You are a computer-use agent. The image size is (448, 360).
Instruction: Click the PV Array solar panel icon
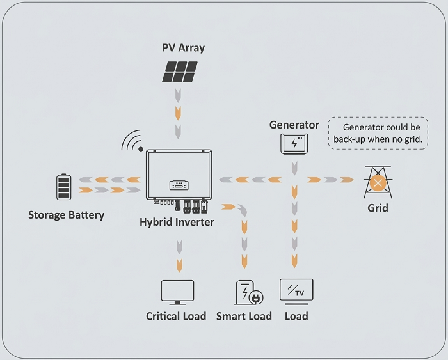pyautogui.click(x=179, y=72)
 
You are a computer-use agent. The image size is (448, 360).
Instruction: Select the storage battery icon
pyautogui.click(x=63, y=186)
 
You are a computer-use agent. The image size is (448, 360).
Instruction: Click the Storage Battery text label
pyautogui.click(x=66, y=215)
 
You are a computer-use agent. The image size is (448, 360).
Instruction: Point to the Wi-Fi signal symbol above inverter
pyautogui.click(x=133, y=141)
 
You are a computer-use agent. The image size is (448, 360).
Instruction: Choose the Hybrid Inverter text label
pyautogui.click(x=177, y=222)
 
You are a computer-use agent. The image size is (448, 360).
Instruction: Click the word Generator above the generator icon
pyautogui.click(x=294, y=125)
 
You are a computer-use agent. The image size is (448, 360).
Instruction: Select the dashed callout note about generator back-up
pyautogui.click(x=378, y=133)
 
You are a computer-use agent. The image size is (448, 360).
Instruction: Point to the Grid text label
pyautogui.click(x=378, y=208)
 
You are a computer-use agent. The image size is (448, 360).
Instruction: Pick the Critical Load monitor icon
pyautogui.click(x=177, y=292)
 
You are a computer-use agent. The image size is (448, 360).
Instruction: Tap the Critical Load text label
pyautogui.click(x=176, y=316)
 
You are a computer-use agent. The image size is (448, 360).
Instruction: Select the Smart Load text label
pyautogui.click(x=244, y=316)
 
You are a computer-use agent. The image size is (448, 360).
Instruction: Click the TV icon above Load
pyautogui.click(x=296, y=290)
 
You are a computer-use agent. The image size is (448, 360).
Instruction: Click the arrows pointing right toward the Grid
pyautogui.click(x=330, y=180)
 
